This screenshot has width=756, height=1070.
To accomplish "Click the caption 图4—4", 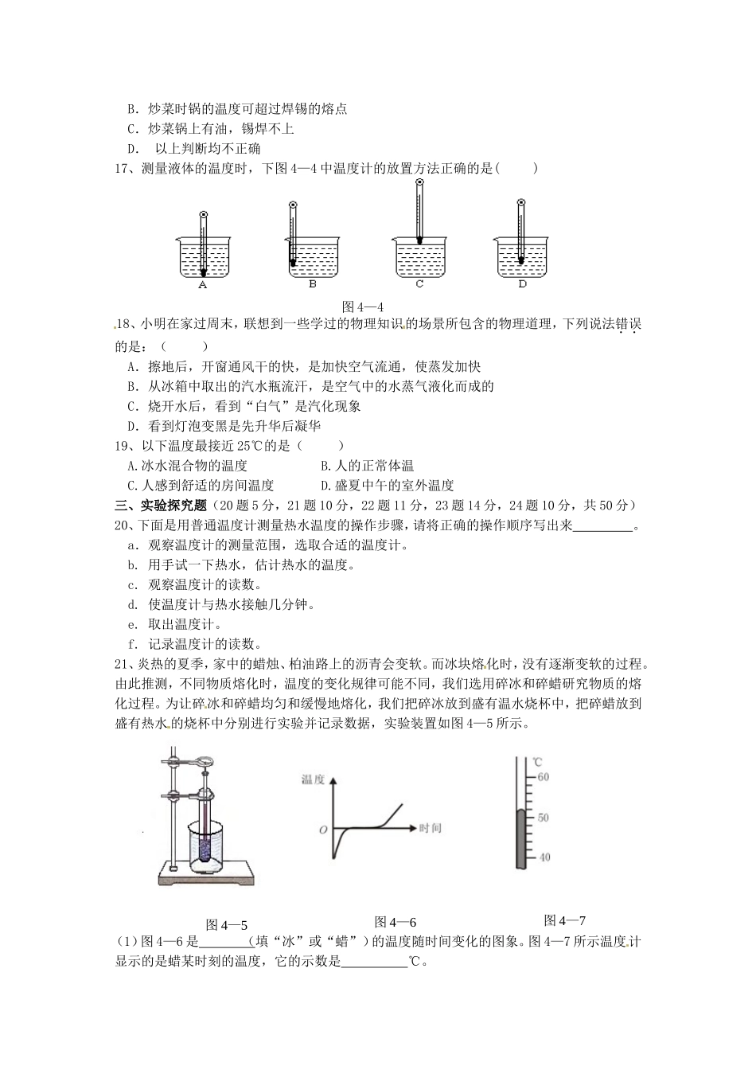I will (363, 307).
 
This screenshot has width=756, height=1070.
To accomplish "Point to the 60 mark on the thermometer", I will (544, 777).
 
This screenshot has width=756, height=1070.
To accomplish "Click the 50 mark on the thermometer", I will (544, 818).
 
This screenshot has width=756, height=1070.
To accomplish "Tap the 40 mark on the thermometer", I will (544, 857).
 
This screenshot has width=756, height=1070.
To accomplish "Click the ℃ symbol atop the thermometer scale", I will (537, 761).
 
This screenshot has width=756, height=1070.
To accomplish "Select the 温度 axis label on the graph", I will (313, 780).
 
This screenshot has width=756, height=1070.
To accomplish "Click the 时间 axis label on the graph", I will (429, 829).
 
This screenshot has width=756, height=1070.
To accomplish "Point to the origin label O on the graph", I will (323, 830).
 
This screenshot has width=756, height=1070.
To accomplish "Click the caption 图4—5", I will (227, 925).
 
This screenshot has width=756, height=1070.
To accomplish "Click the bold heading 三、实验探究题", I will (161, 506).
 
